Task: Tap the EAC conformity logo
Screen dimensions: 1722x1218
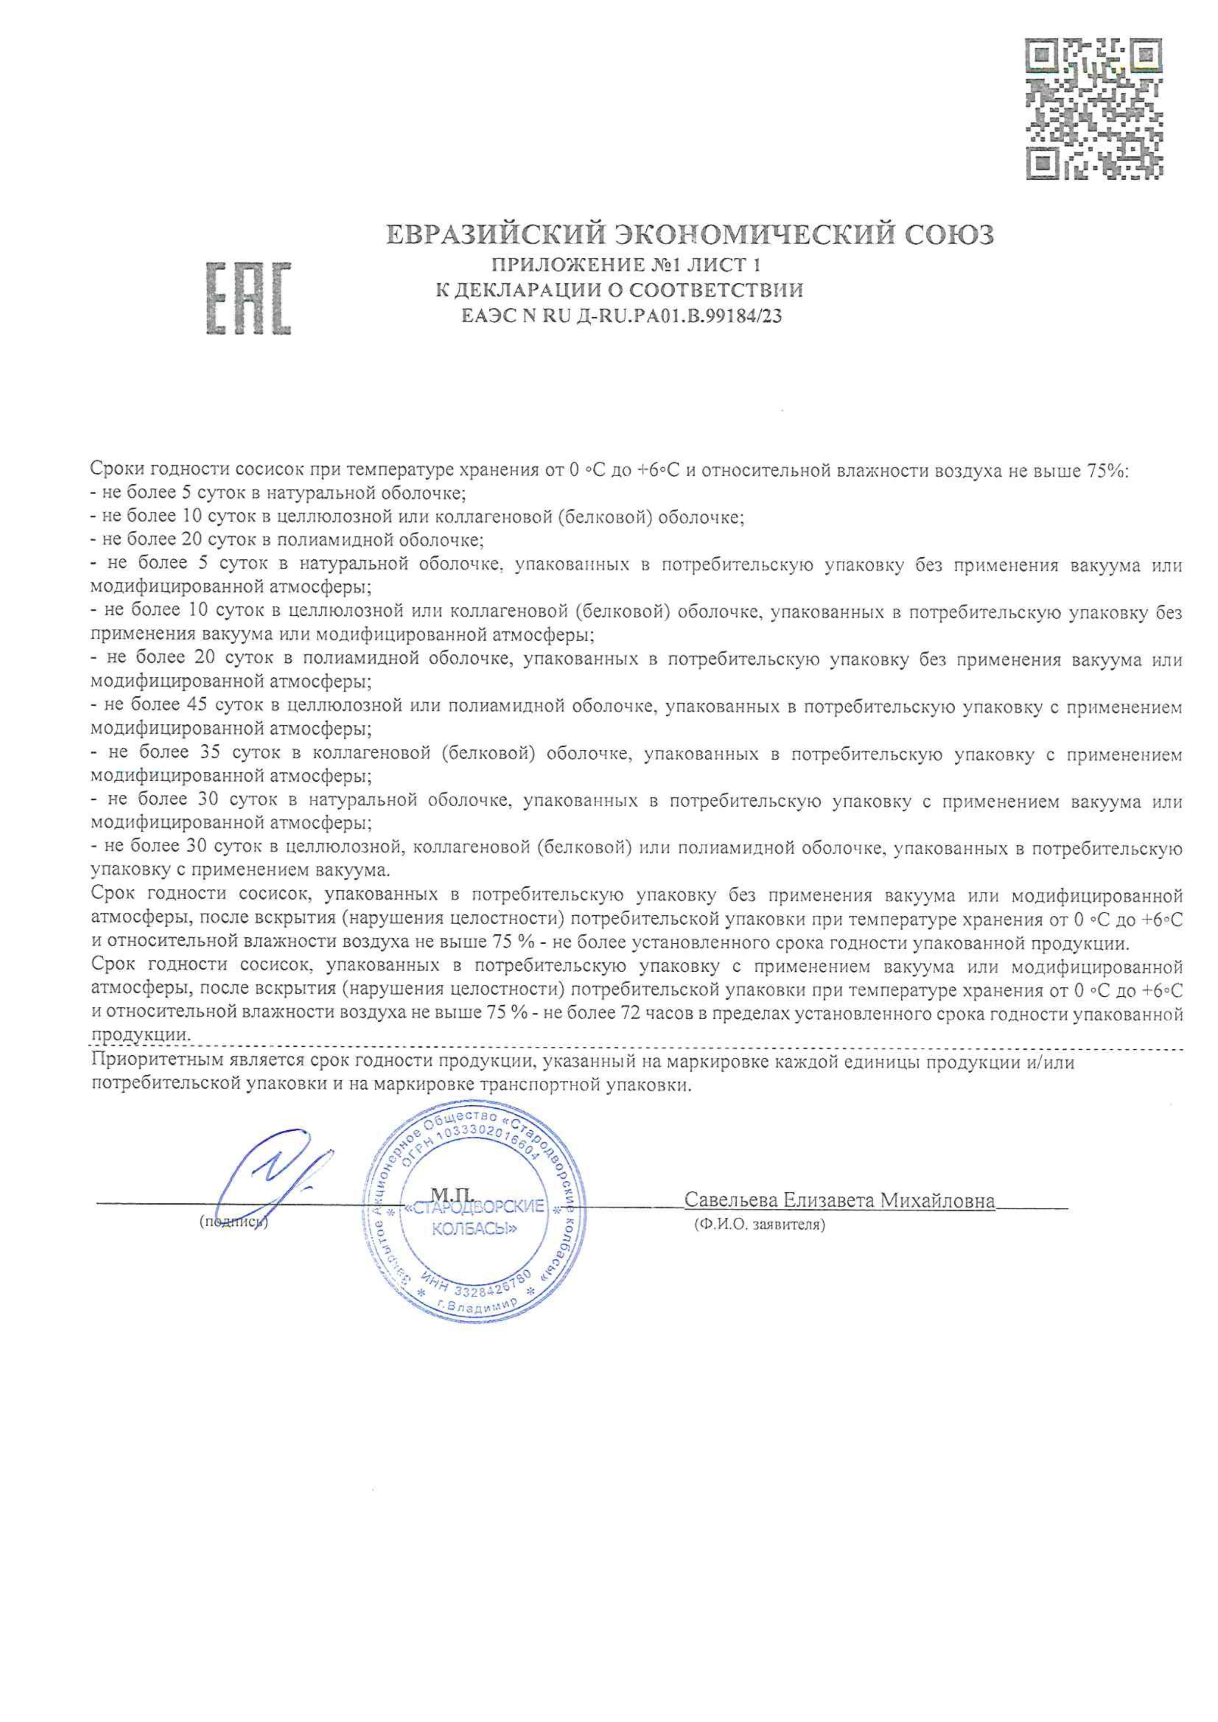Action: click(x=248, y=298)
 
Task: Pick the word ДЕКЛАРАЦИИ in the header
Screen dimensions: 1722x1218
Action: click(x=539, y=290)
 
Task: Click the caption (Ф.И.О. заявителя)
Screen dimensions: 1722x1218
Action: click(x=759, y=1226)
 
